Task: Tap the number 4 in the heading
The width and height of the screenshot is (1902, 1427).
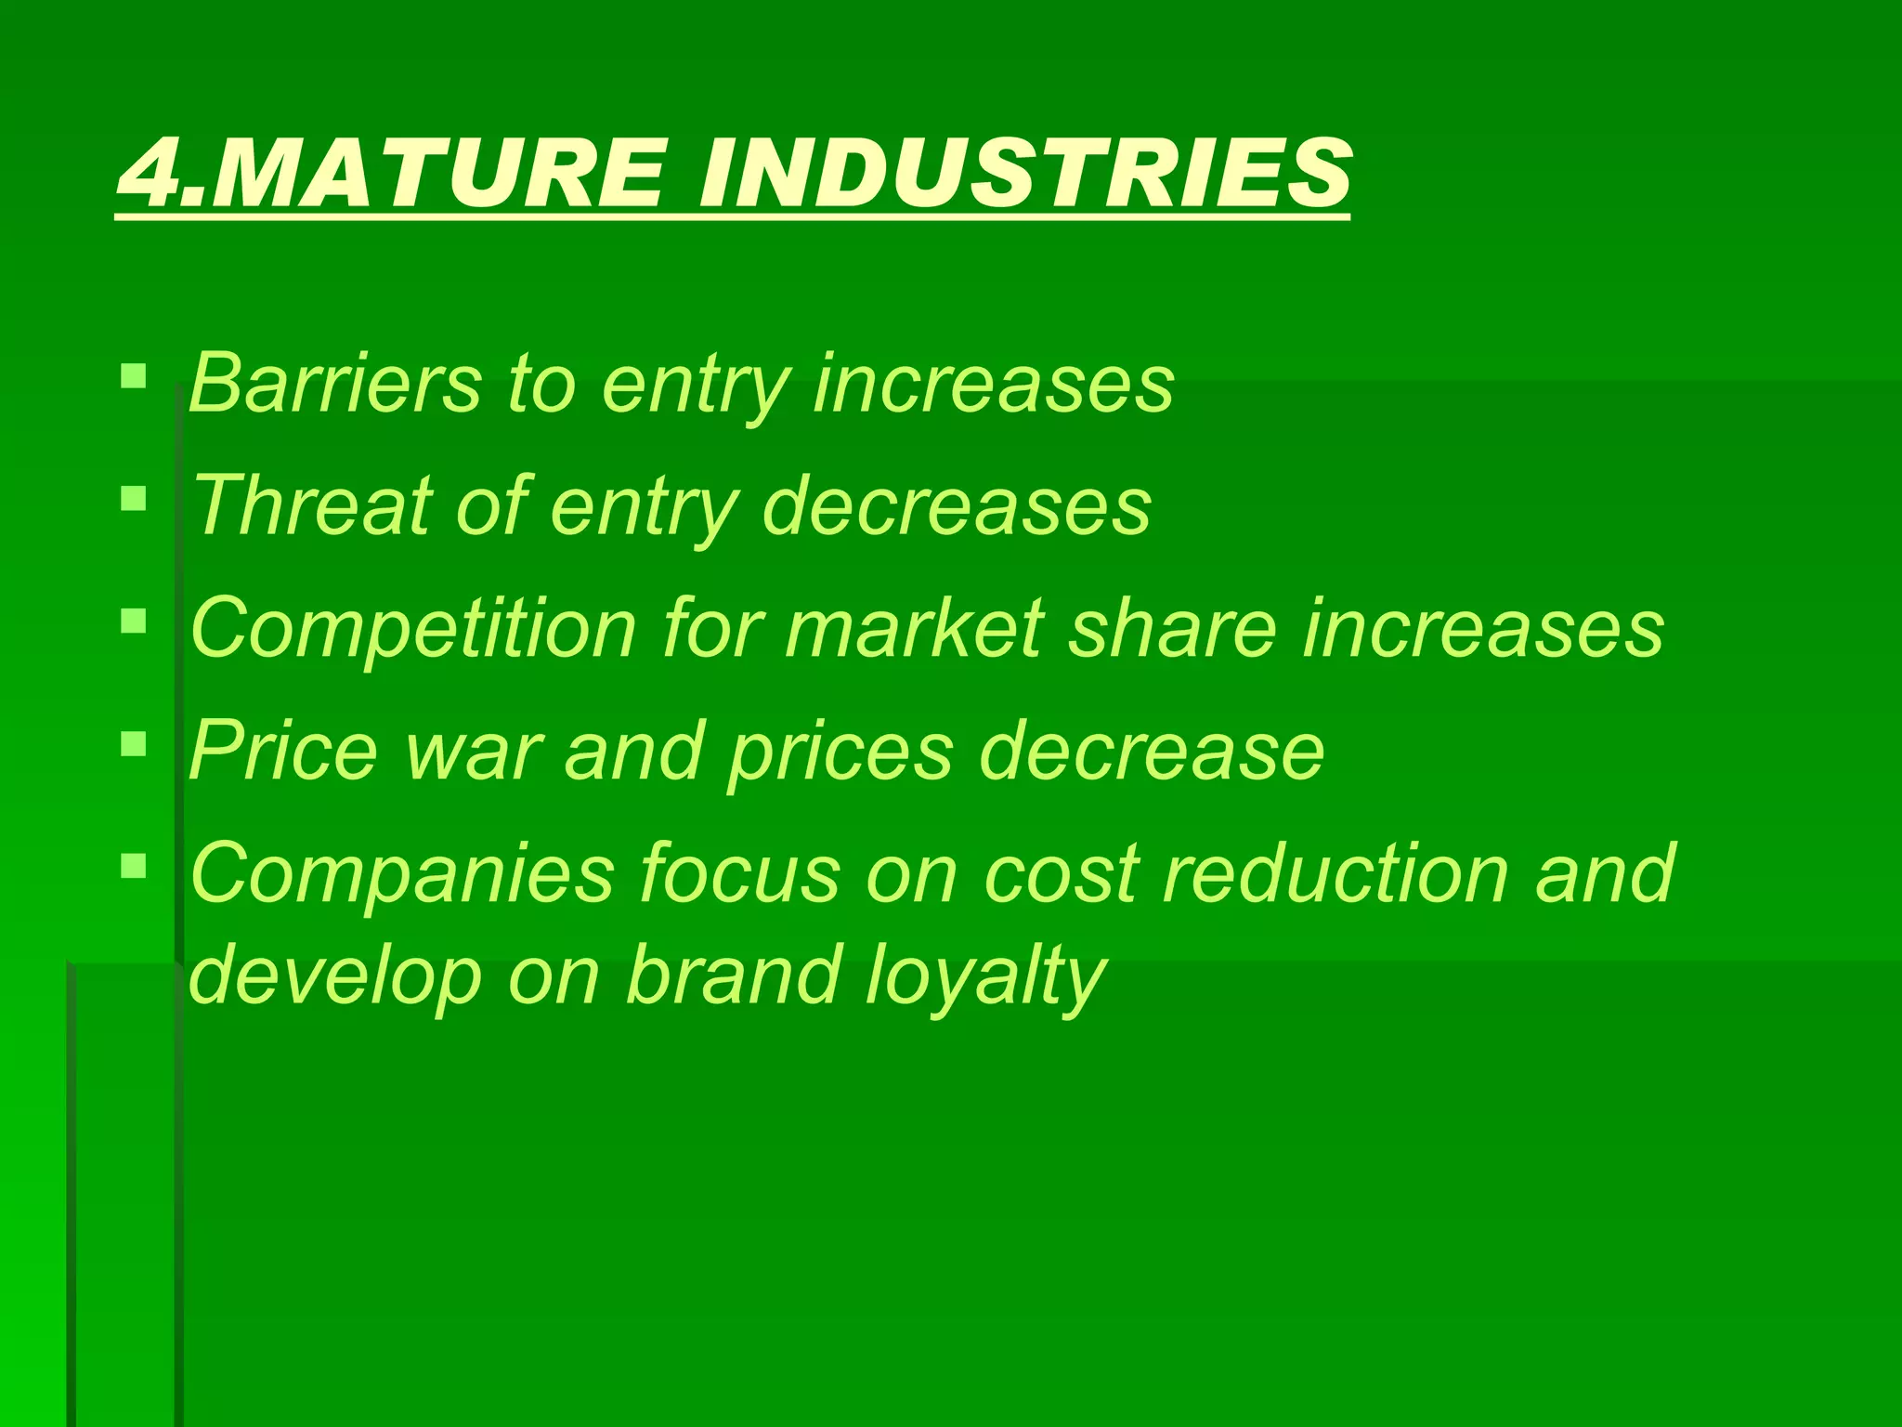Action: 154,173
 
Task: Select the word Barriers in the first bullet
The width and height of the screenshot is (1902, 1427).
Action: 335,383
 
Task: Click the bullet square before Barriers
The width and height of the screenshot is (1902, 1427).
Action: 134,375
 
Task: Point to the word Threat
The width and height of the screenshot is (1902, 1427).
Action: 312,506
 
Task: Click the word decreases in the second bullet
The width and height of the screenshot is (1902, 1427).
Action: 957,506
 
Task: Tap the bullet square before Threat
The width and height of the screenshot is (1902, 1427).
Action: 134,499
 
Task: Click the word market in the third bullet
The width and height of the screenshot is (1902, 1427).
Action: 914,629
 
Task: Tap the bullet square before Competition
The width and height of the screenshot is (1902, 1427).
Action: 134,621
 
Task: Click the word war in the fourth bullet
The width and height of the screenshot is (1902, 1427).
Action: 474,751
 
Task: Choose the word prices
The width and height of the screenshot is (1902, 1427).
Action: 841,753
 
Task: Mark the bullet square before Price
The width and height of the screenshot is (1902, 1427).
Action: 134,743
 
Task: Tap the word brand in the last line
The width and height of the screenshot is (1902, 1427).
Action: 733,975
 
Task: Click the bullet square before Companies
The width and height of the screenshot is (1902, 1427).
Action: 134,866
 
